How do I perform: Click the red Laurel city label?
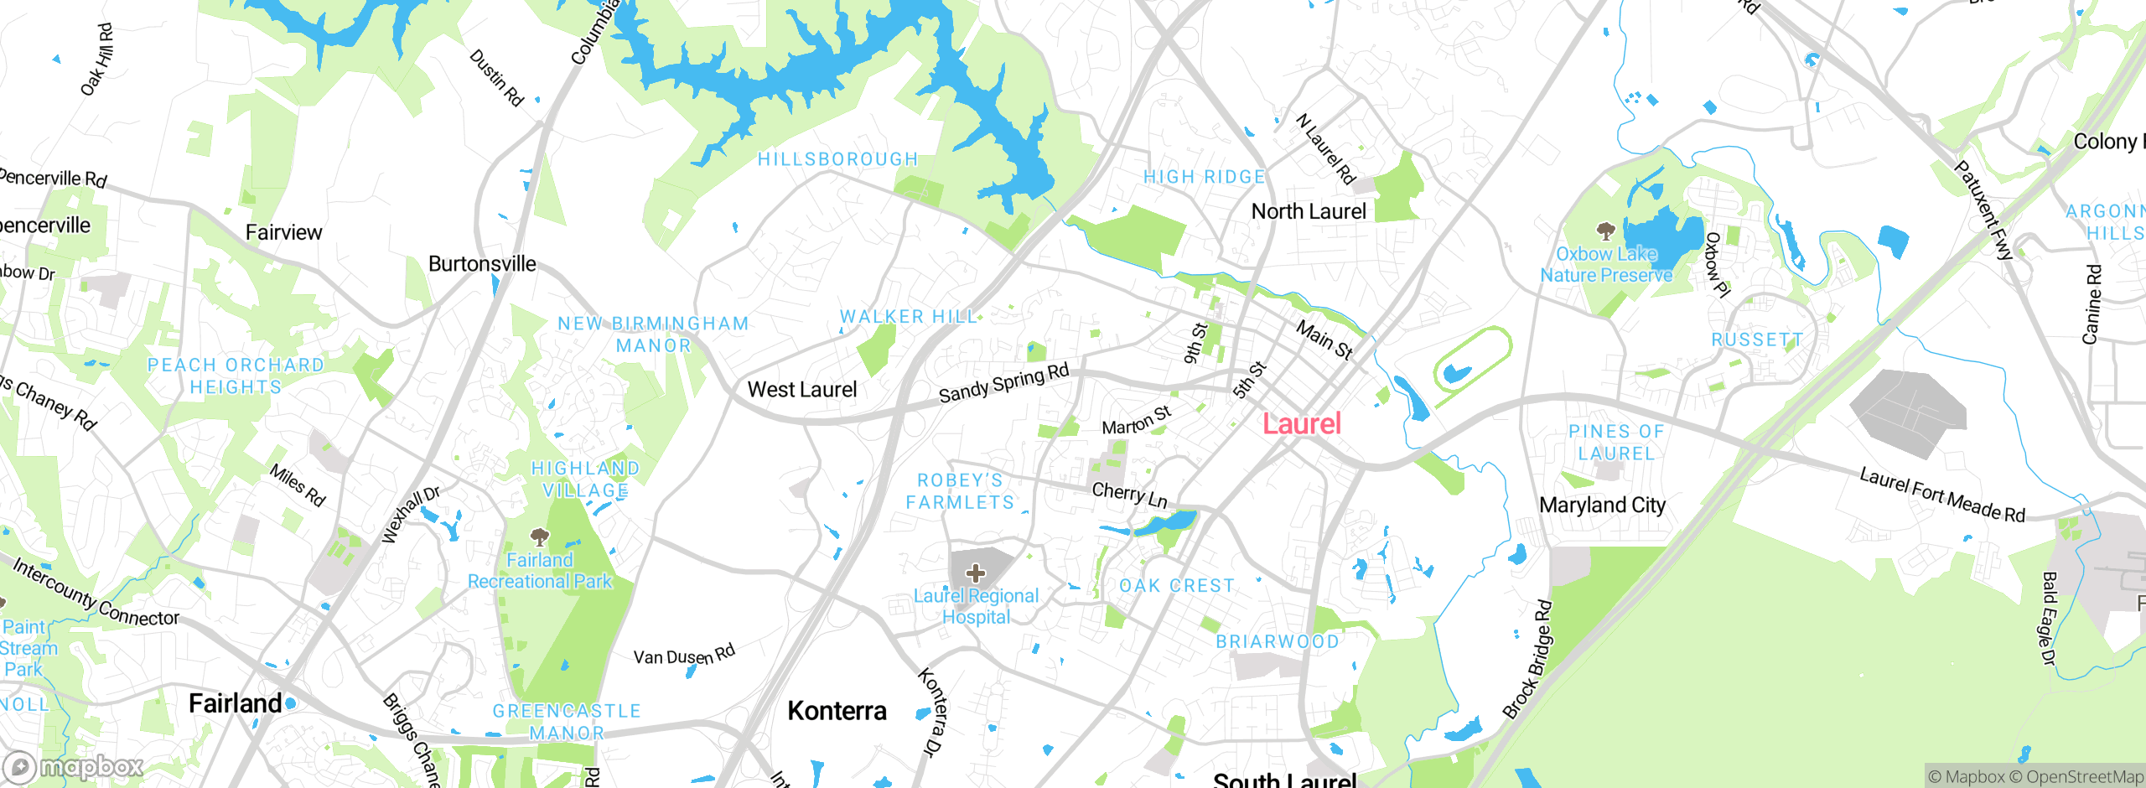tap(1302, 424)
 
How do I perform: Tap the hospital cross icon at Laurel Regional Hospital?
tap(975, 573)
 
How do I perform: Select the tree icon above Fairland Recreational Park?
tap(540, 537)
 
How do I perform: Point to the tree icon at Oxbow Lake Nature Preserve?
tap(1605, 231)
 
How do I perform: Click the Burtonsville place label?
tap(482, 264)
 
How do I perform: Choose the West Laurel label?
tap(802, 390)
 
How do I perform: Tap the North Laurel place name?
tap(1309, 212)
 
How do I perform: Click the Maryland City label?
tap(1602, 505)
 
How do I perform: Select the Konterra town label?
tap(837, 711)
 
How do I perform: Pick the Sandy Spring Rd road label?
tap(1003, 382)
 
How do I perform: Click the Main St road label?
tap(1324, 340)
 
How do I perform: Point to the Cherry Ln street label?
tap(1129, 495)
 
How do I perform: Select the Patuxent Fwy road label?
tap(1983, 210)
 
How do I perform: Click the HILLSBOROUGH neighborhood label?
tap(837, 159)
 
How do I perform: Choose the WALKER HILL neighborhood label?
tap(909, 317)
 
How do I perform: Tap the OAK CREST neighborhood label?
tap(1177, 586)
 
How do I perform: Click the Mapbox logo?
tap(73, 766)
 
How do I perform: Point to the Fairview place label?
tap(283, 233)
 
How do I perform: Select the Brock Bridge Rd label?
tap(1527, 660)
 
